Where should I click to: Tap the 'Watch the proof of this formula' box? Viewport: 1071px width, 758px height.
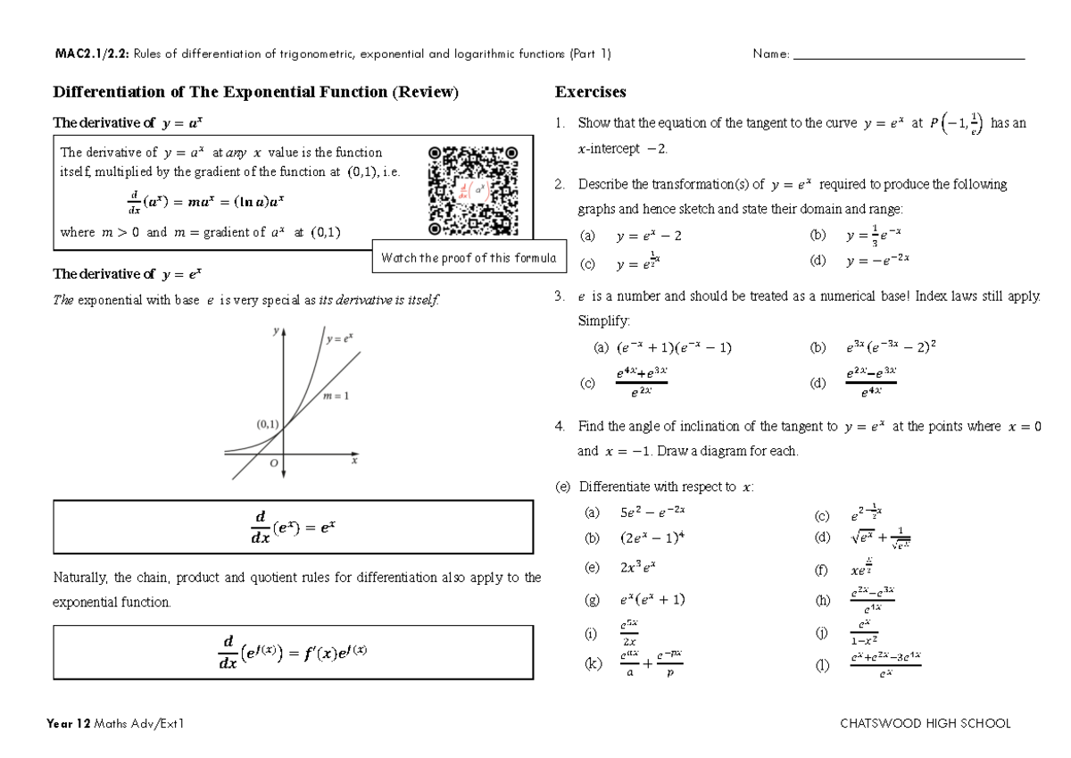(x=469, y=258)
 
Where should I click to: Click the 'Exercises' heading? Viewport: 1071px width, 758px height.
(x=590, y=92)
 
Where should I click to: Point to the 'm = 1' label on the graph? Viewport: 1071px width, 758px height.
(x=335, y=395)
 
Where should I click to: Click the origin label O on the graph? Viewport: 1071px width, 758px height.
(x=275, y=463)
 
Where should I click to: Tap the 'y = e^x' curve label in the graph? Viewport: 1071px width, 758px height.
(x=339, y=338)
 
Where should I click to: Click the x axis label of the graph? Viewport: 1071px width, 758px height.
(x=354, y=462)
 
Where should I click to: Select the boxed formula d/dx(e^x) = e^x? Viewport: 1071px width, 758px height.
(x=294, y=527)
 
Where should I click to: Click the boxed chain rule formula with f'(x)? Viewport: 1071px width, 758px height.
(x=294, y=653)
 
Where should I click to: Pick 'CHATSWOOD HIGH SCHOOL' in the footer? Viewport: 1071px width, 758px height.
(x=926, y=723)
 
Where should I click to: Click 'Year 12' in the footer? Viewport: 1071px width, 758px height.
(x=71, y=723)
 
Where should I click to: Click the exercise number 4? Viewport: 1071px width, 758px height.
(x=559, y=427)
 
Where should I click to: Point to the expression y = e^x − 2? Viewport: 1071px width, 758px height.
(x=649, y=237)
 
